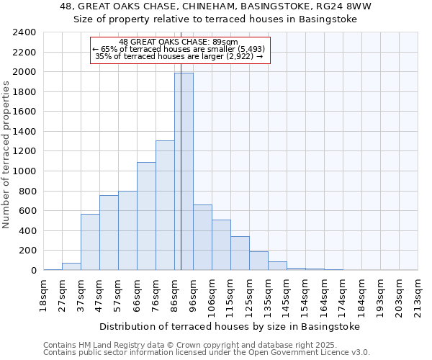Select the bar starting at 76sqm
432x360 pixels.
[x=165, y=205]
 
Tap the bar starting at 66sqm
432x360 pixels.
[x=146, y=216]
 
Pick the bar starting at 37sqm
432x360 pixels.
[x=90, y=242]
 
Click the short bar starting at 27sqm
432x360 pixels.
[x=71, y=266]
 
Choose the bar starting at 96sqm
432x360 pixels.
[x=202, y=238]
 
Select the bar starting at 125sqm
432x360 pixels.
[x=258, y=261]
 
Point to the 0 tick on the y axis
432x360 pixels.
[x=33, y=271]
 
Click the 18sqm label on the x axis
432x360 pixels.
[x=43, y=294]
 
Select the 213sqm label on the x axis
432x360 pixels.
[x=418, y=294]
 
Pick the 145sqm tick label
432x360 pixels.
[x=287, y=294]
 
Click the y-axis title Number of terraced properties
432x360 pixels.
[x=6, y=155]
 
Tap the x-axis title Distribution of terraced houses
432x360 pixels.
[x=229, y=326]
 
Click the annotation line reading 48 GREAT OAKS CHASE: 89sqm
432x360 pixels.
[x=180, y=42]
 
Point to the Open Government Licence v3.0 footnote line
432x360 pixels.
[x=207, y=352]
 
